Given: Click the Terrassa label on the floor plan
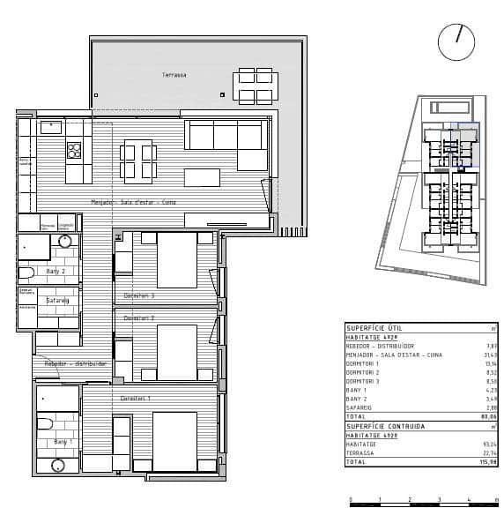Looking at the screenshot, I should (174, 75).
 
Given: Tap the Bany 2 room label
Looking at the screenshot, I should (56, 271).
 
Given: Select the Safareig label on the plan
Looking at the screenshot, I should (58, 301).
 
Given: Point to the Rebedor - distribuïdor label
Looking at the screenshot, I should (76, 363).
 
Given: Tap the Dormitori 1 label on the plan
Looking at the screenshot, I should (136, 399).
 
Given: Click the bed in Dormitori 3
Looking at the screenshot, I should (175, 260).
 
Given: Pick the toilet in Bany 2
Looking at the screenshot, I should (26, 272).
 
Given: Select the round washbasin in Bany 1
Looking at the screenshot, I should (58, 465).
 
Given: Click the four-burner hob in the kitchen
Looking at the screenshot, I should (74, 151).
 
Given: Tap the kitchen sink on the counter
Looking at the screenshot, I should (51, 126).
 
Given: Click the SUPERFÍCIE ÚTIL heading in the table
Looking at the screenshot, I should (373, 327).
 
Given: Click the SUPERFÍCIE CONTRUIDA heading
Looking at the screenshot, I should (385, 426).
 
